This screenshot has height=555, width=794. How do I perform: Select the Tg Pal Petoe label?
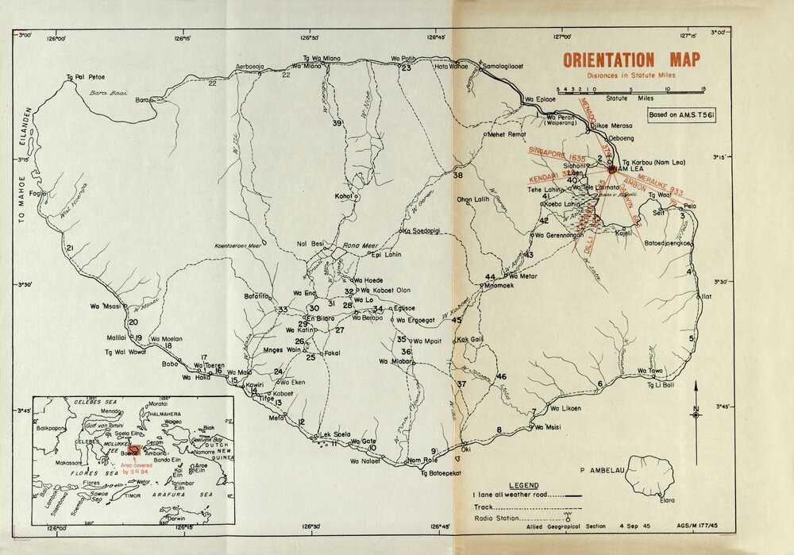click(x=86, y=78)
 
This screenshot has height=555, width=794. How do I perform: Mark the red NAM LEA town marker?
click(x=611, y=169)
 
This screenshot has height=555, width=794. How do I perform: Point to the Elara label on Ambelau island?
click(x=669, y=500)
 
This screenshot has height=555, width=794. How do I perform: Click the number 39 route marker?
click(x=337, y=123)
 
